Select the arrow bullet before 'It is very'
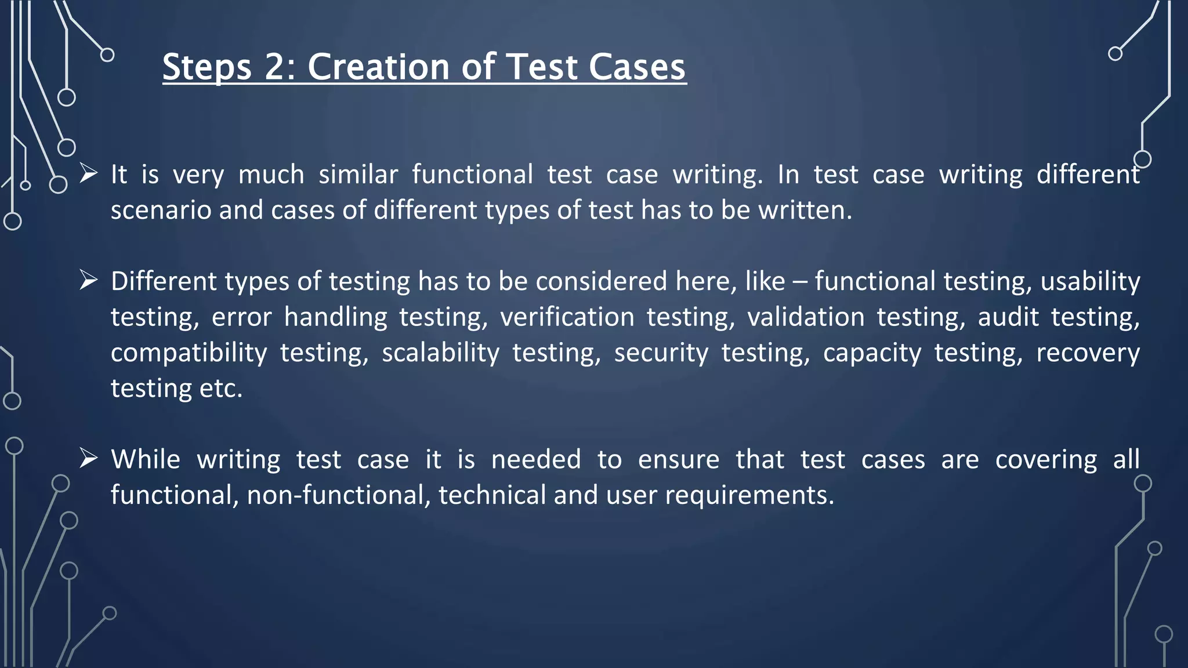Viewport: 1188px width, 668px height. (x=88, y=173)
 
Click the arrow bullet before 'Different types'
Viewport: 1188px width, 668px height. (x=88, y=280)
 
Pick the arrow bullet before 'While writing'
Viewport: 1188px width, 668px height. (x=88, y=458)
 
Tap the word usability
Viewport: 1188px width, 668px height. (x=1090, y=282)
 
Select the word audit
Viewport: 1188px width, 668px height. (x=1008, y=317)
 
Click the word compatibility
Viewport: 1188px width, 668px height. (x=189, y=353)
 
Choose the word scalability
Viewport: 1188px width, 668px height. (x=440, y=353)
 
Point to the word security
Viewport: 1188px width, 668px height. (x=661, y=353)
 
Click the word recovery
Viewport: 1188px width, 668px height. (x=1088, y=353)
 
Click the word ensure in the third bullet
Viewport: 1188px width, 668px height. (x=678, y=460)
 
